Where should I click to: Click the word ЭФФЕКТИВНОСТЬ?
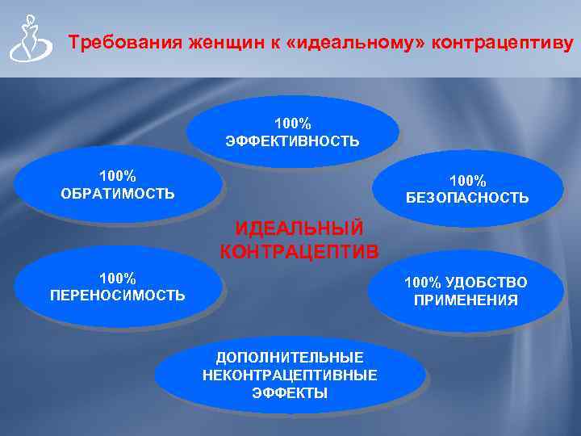coord(293,141)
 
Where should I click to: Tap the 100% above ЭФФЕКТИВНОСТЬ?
coord(293,124)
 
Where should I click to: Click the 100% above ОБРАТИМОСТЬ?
coord(118,175)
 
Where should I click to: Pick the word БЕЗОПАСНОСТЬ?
coord(468,198)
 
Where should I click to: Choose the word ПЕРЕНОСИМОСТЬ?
coord(118,296)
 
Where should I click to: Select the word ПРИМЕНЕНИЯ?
coord(466,300)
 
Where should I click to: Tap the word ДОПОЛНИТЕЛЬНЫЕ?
coord(290,357)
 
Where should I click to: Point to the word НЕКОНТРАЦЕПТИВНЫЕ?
coord(290,375)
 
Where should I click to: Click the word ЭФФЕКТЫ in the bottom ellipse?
coord(290,393)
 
